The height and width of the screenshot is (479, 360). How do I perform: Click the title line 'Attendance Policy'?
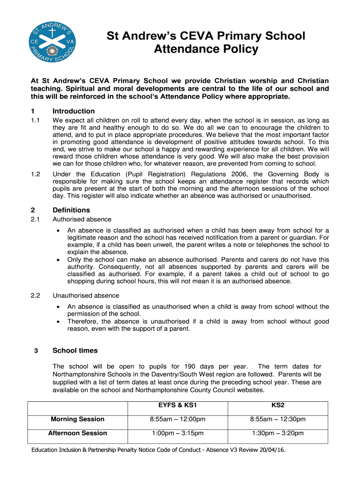pos(206,49)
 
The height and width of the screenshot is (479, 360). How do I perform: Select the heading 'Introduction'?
pos(74,111)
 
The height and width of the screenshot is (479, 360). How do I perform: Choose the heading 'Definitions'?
pos(71,210)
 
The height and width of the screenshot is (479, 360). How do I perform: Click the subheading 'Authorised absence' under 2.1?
pos(82,219)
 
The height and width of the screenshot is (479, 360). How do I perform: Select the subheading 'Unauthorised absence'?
pos(86,296)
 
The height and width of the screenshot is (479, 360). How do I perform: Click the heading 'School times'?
pos(75,350)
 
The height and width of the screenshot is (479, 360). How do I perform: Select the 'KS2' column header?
pos(278,405)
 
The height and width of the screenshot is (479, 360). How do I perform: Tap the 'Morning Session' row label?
pos(78,419)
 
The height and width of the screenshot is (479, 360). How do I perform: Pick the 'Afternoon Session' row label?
pos(78,433)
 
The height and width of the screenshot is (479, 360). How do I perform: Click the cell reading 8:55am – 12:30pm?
pos(278,419)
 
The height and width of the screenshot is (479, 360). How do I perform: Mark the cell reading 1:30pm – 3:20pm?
pos(278,433)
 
